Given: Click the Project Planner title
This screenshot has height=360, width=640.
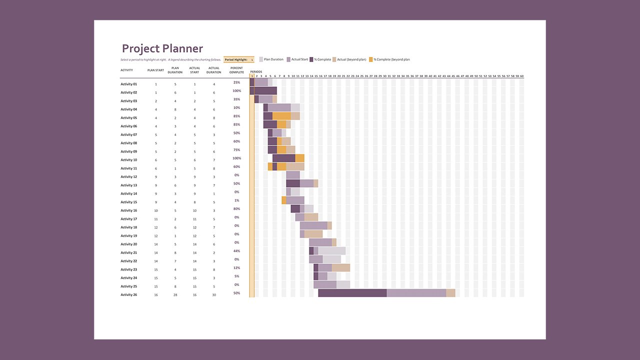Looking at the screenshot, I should coord(162,48).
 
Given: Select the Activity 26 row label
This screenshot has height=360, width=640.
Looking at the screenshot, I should coord(128,295).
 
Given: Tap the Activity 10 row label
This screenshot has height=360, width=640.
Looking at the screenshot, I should coord(128,160).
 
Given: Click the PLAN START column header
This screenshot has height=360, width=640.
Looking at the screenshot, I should coord(155,70).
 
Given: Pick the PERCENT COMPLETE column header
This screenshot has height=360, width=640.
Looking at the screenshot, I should coord(236,70).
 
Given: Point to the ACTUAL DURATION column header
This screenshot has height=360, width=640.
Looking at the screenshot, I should coord(214,70).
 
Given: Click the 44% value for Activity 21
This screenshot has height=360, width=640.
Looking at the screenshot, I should coord(236,251).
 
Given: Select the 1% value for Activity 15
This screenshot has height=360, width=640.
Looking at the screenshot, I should coord(236,200).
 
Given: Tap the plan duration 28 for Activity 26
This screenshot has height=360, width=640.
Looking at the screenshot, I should coord(175,295).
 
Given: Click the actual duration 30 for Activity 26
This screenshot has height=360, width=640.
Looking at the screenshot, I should coord(214,295).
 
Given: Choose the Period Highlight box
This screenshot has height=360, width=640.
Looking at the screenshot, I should coord(239,59).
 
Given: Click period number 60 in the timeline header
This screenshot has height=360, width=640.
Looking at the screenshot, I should coord(521,76).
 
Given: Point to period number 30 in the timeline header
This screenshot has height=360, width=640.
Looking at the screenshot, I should coord(384,76).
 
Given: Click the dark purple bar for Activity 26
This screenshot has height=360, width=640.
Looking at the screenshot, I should coord(352,293).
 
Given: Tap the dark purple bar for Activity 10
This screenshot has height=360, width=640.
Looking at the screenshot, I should coord(283,158).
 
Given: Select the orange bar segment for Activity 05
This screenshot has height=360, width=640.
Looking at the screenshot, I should coord(281,116).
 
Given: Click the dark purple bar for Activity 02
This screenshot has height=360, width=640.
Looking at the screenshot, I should coord(263,90).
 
